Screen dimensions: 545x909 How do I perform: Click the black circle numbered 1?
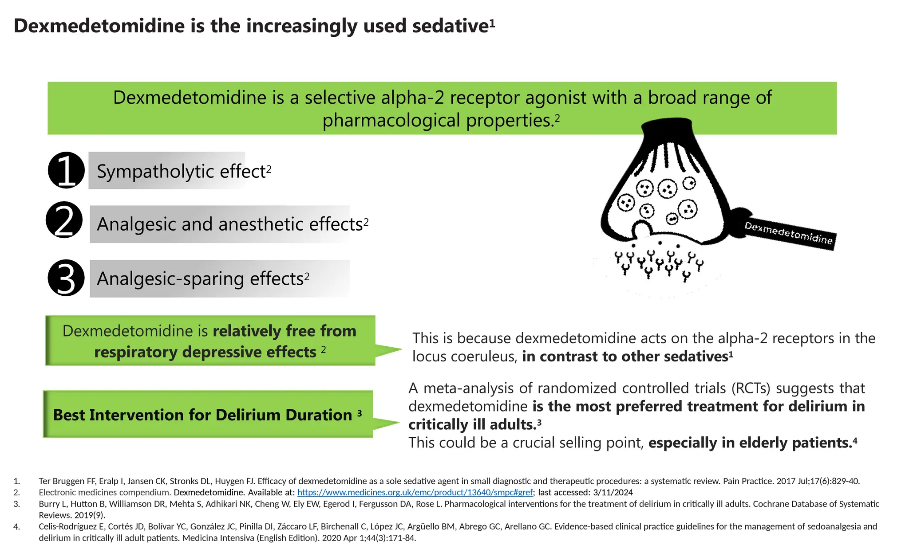[66, 170]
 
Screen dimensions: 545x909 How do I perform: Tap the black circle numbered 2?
[64, 220]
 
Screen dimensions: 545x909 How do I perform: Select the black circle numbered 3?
[66, 278]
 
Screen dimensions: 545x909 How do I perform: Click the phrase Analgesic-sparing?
[170, 279]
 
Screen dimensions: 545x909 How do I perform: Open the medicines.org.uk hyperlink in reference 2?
[415, 493]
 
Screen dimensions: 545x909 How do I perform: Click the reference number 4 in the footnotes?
[16, 527]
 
